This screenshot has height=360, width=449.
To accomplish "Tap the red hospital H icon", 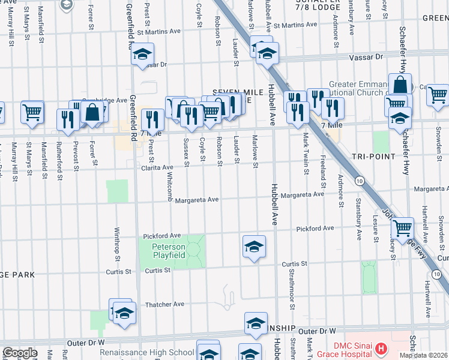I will coord(379,347).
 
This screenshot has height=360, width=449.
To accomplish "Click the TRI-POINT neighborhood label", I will coord(375,156).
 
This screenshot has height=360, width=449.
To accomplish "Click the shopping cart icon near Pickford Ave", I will coord(402,227).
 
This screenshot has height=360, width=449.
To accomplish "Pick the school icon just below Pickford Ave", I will coord(254,246).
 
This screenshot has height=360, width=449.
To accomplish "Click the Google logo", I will coord(19,353).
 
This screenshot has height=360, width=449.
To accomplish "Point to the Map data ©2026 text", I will coord(423,355).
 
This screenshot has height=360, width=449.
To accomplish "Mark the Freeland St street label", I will coord(323,169).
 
